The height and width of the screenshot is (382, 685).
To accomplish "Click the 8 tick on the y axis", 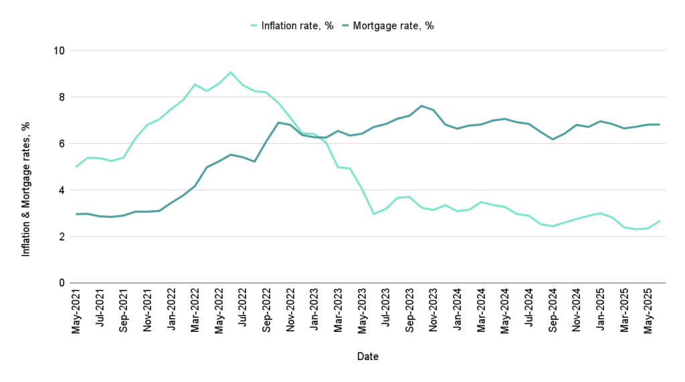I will click(62, 97).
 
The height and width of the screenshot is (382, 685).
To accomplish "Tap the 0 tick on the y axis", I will click(62, 283).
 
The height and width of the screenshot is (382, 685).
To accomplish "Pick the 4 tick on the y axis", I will click(62, 190).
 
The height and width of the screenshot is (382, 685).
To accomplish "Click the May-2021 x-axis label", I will click(78, 314).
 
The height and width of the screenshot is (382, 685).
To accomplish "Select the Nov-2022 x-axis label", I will click(292, 314).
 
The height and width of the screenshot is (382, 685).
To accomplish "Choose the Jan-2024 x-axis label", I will click(459, 314).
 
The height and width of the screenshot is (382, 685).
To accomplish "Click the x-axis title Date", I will click(367, 357).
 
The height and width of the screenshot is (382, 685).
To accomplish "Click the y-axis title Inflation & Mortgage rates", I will click(26, 189).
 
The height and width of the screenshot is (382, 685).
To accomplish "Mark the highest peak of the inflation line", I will click(230, 72).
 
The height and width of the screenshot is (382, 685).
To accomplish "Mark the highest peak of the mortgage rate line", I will click(421, 106).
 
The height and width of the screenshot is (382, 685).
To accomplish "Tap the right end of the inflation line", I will click(660, 221).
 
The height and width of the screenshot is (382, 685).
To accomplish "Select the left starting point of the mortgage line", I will click(76, 214).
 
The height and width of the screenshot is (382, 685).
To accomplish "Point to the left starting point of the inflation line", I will click(76, 167).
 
